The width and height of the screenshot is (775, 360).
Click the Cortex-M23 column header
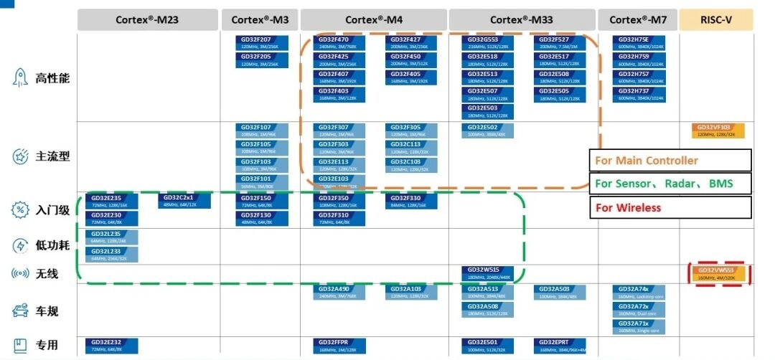[x=147, y=20]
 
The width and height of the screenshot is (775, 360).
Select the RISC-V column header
[x=715, y=20]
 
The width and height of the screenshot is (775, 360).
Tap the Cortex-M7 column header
[x=637, y=20]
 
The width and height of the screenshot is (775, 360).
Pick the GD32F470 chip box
[x=339, y=42]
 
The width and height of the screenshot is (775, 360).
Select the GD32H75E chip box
[x=639, y=42]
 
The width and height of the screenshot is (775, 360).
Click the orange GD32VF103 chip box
[x=718, y=130]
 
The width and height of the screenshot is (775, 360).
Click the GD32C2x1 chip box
[x=184, y=200]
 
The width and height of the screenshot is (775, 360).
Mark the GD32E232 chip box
[x=111, y=345]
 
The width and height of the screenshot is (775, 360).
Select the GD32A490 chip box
[x=339, y=292]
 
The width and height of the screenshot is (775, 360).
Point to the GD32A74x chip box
[x=639, y=292]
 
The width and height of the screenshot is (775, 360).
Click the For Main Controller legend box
[x=670, y=160]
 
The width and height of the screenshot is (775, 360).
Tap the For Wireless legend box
[x=670, y=207]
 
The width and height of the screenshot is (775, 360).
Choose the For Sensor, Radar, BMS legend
[x=670, y=184]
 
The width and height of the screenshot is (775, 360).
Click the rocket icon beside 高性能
[x=19, y=77]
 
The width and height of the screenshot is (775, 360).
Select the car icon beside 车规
[x=19, y=311]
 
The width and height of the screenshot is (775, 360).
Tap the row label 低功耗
[x=52, y=246]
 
